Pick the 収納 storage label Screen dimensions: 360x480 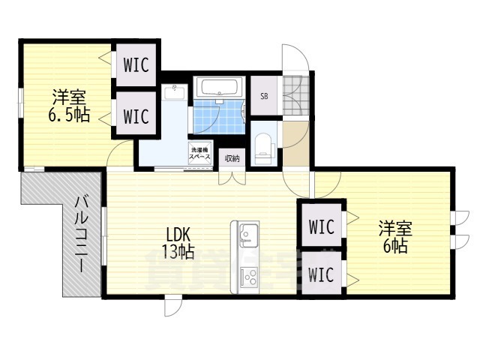coord(232,157)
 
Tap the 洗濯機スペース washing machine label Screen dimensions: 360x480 coord(199,151)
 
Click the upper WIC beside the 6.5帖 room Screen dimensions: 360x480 coord(136,65)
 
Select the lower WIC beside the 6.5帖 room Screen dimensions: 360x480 coord(136,116)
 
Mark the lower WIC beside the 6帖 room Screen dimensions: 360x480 coord(321,274)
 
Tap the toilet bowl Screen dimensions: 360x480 coord(262,145)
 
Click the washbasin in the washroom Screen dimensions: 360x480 coord(177,92)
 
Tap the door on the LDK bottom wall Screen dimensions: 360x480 coord(172,307)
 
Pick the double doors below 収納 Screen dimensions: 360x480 coord(232,178)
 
